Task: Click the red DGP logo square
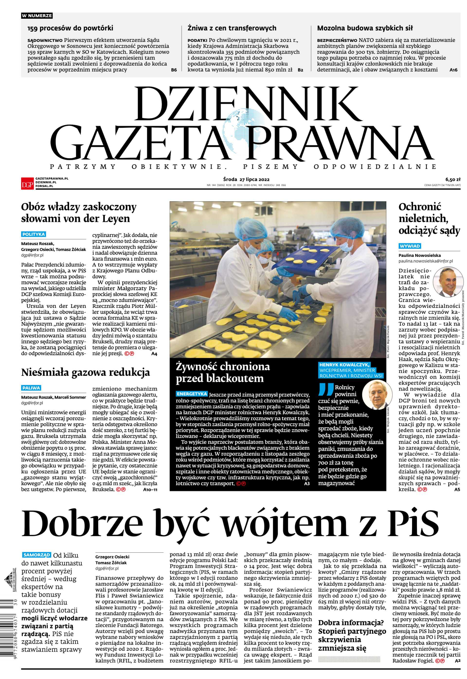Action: coord(27,183)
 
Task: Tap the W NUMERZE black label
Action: coord(37,16)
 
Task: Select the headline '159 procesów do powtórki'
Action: coord(70,28)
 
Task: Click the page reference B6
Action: coord(174,70)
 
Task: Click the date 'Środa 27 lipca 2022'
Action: coord(246,179)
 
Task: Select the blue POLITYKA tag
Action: coord(33,234)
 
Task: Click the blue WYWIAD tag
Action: coord(410,246)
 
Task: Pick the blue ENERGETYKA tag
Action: coord(192,394)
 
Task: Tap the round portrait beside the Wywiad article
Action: coord(448,282)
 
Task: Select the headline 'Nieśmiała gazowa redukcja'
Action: coord(85,373)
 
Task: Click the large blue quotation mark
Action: coord(326,390)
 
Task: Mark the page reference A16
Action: coord(453,70)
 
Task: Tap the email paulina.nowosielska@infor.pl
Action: coord(425,261)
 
